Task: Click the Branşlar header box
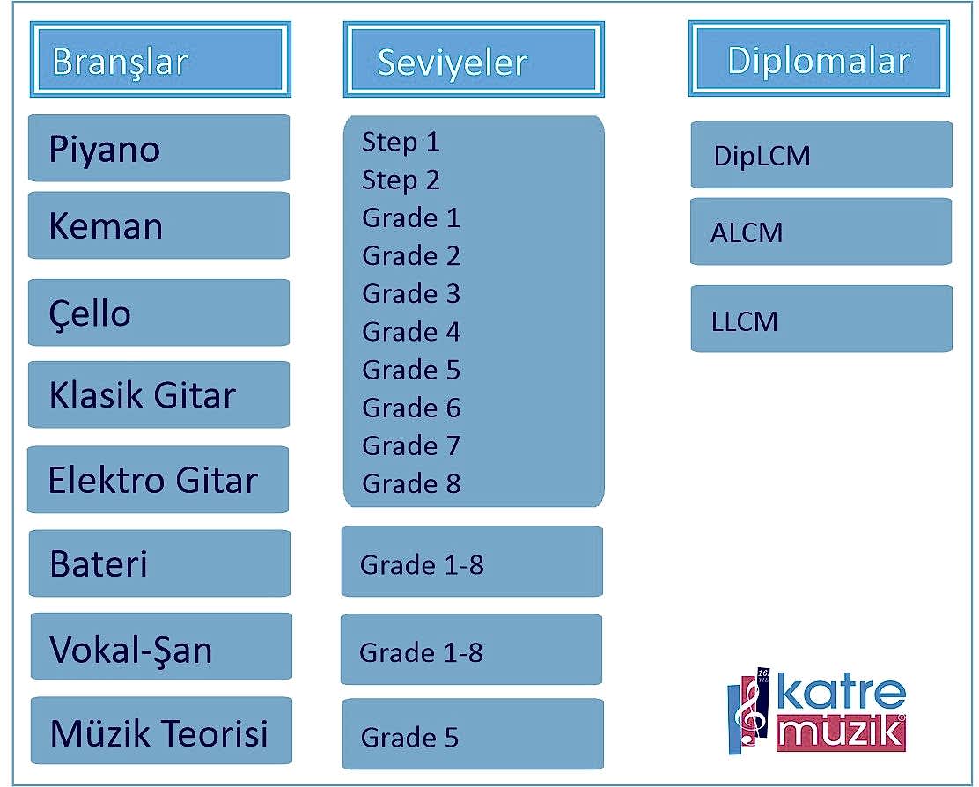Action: click(160, 60)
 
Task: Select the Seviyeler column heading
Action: click(474, 60)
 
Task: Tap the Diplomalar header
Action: click(819, 59)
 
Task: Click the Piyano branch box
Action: click(158, 148)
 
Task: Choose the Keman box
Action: click(158, 225)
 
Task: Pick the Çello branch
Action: click(158, 313)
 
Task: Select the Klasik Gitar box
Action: click(158, 394)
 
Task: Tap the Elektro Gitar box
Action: click(158, 479)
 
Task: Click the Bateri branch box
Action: click(160, 563)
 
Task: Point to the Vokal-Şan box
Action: click(161, 646)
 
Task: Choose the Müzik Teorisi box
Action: click(161, 731)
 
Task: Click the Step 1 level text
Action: click(401, 143)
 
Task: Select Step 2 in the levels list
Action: click(401, 180)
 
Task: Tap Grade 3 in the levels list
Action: click(411, 294)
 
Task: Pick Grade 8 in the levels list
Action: click(411, 483)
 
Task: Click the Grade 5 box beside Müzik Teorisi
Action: click(473, 734)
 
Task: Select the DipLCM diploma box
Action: click(821, 155)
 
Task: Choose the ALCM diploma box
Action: click(821, 232)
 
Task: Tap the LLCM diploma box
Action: click(821, 319)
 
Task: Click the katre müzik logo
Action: click(817, 711)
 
